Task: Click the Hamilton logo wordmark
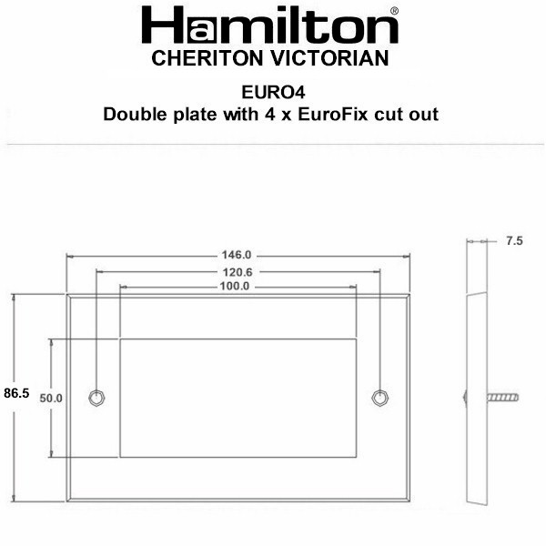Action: coord(270,25)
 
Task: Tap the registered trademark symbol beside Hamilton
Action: coord(394,11)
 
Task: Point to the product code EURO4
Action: coord(273,92)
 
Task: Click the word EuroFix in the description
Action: coord(332,115)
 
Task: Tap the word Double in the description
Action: coord(135,115)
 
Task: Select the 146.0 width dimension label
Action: coord(237,255)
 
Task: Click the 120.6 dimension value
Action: coord(238,272)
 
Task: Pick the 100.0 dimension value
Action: coord(235,287)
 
